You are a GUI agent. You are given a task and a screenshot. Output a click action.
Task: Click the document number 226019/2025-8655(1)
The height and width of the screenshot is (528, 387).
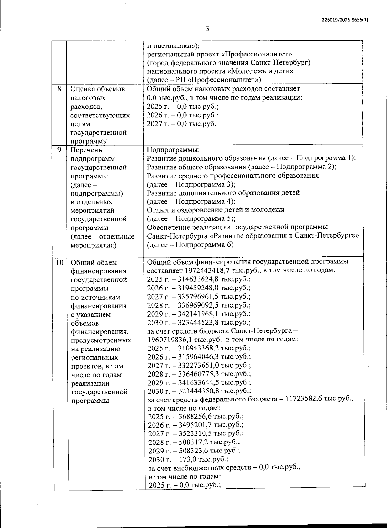pyautogui.click(x=345, y=20)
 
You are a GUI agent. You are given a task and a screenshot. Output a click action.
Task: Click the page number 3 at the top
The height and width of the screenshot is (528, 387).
pyautogui.click(x=207, y=29)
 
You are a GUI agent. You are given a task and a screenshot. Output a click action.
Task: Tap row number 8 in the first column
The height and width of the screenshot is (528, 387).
pyautogui.click(x=59, y=89)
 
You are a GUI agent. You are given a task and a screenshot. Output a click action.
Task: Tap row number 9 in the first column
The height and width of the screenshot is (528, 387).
pyautogui.click(x=59, y=150)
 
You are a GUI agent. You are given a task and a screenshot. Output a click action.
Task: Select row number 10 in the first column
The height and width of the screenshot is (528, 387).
pyautogui.click(x=59, y=262)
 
